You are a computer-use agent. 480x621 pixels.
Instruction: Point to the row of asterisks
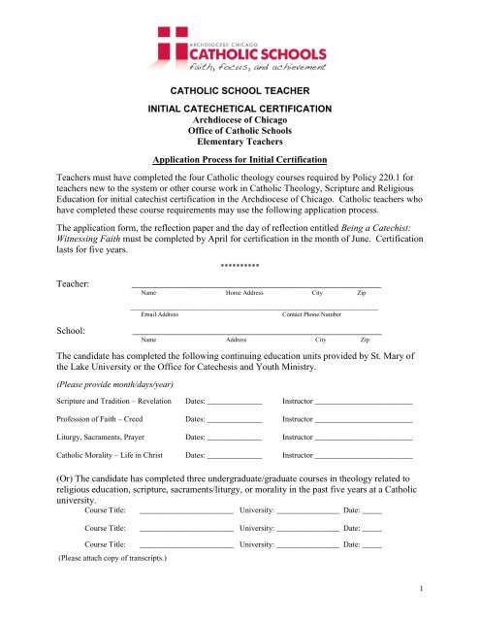[x=239, y=238]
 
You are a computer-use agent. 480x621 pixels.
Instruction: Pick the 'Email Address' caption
[x=159, y=287]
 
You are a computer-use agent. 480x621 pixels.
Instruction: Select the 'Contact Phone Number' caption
[x=310, y=287]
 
